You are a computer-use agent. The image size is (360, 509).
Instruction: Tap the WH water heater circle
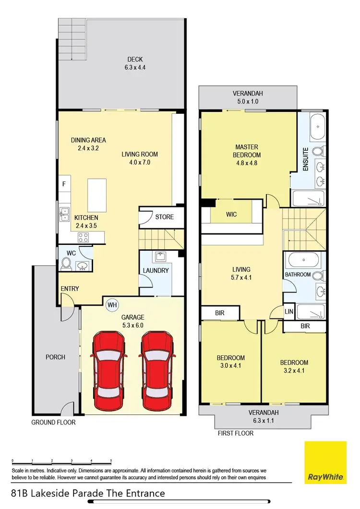[x=112, y=304]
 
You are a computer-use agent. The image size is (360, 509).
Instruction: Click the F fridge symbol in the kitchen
[x=63, y=183]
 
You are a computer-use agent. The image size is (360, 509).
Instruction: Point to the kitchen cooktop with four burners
[x=82, y=237]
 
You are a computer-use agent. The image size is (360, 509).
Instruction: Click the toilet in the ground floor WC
[x=66, y=263]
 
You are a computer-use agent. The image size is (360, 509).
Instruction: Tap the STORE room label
[x=164, y=217]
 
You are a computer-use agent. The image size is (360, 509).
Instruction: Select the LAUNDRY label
[x=156, y=270]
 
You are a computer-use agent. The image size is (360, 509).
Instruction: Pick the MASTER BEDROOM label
[x=247, y=151]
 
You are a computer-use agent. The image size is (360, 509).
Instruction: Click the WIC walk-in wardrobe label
[x=231, y=214]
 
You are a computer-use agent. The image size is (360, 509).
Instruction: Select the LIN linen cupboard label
[x=289, y=311]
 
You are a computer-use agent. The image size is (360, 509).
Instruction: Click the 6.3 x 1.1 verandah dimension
[x=263, y=421]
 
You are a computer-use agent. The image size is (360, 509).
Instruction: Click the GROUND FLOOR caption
[x=53, y=423]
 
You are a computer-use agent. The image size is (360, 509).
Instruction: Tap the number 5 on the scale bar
[x=111, y=460]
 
